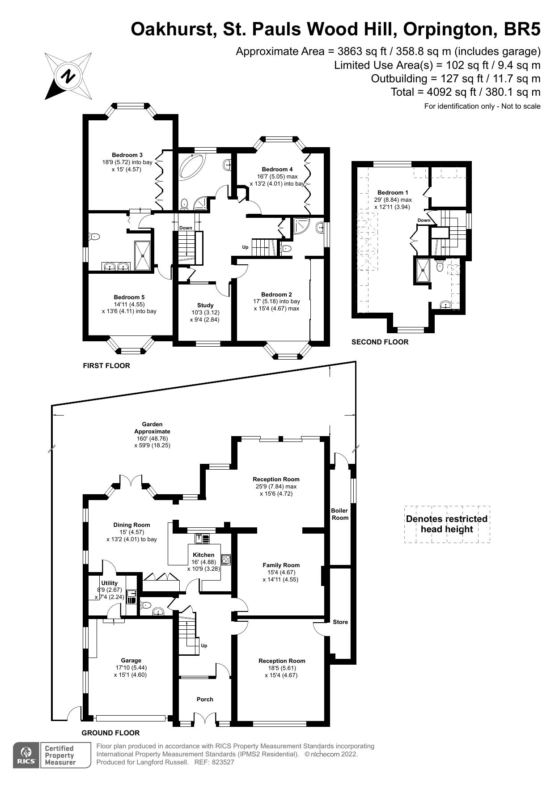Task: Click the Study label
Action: click(205, 305)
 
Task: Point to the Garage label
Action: click(131, 660)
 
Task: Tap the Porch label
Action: click(205, 699)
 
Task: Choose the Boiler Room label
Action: click(340, 514)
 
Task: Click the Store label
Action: click(340, 622)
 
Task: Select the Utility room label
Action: click(110, 583)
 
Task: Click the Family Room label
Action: click(281, 565)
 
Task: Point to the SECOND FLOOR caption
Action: click(380, 342)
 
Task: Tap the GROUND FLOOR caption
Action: click(110, 733)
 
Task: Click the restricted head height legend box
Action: click(447, 524)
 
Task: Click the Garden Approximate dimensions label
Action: click(152, 435)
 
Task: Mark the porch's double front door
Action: click(205, 717)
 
